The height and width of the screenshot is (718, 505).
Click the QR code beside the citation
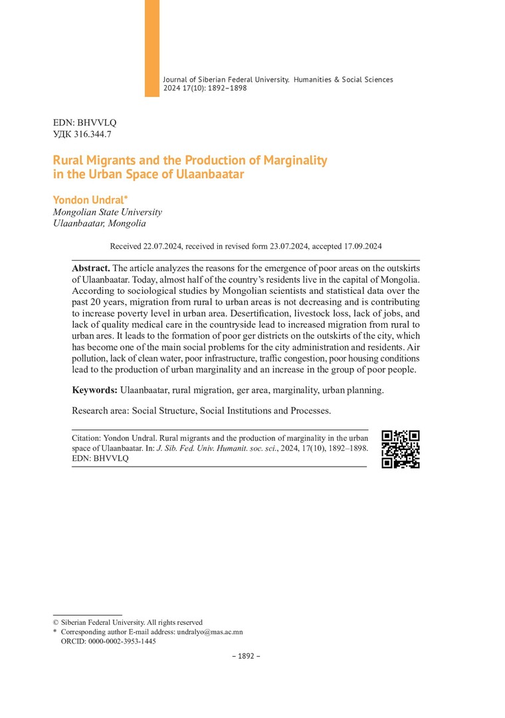(400, 449)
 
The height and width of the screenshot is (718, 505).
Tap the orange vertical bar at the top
(152, 48)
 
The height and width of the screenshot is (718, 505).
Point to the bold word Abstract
(91, 266)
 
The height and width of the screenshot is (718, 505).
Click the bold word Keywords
(95, 390)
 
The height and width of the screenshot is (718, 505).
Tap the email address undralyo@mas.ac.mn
(209, 632)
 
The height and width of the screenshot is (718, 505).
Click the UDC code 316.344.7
(92, 134)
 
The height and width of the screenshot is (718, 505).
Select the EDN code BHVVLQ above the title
(96, 123)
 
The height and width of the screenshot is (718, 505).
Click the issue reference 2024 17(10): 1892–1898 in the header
(205, 88)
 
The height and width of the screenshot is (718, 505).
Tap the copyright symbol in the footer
(56, 622)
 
